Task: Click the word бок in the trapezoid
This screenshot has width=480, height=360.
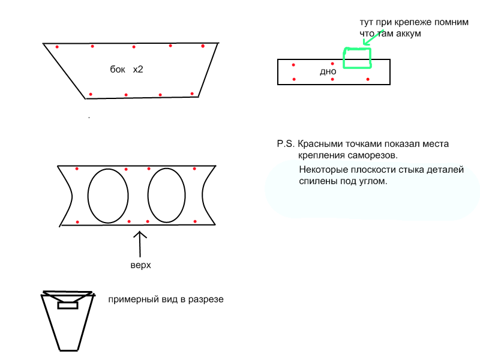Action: pos(118,70)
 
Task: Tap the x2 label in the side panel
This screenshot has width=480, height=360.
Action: pos(138,70)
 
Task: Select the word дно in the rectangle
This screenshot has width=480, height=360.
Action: pos(328,71)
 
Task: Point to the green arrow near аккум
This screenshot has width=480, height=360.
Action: pos(373,37)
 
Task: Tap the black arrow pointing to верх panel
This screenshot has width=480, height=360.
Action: pos(140,244)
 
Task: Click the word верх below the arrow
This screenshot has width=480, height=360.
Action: pos(141,265)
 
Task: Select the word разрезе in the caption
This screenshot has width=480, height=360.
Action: pos(206,299)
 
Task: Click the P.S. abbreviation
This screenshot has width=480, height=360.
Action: pos(286,144)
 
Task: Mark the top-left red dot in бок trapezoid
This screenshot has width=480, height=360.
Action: pos(57,47)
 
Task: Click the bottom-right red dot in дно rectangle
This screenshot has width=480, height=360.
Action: pos(368,79)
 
